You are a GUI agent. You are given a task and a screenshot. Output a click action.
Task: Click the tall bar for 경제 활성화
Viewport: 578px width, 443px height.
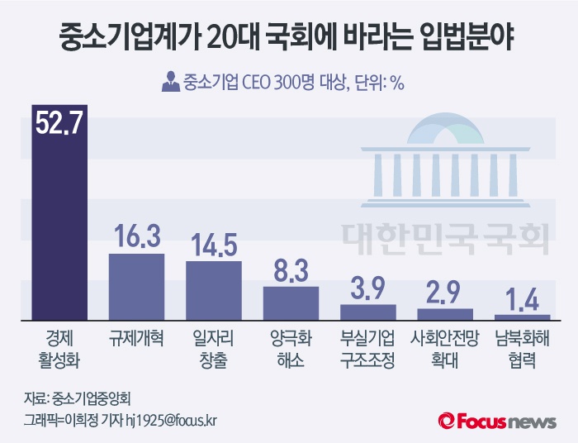[59, 223]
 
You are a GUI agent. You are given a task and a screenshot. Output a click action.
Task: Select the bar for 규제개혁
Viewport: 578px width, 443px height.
[137, 286]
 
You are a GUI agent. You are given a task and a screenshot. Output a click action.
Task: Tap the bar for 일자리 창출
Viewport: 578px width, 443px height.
[213, 290]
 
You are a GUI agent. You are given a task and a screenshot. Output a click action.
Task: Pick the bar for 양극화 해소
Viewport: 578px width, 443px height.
[291, 302]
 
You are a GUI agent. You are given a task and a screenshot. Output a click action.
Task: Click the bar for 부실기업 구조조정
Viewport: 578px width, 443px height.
[368, 312]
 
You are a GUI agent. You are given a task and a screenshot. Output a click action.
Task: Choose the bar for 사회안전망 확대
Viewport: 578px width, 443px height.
[445, 314]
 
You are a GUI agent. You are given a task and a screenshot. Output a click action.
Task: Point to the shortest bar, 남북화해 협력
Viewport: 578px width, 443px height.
[522, 317]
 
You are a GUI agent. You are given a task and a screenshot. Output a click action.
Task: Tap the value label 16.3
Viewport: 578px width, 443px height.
[137, 236]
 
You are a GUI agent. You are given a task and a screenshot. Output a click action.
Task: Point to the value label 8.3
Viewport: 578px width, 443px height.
[291, 269]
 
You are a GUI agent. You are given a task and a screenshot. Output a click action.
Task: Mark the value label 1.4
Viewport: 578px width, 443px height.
[522, 298]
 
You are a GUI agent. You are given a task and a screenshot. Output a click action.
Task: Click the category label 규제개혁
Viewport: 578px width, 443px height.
[137, 339]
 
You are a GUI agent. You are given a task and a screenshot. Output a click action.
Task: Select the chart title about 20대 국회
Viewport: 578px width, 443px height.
[289, 37]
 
